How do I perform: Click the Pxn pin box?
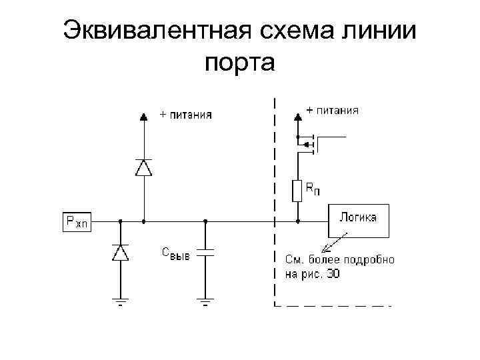coord(77,221)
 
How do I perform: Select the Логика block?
coord(358,220)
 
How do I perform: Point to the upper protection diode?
coord(143,167)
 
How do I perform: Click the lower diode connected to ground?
coord(120,253)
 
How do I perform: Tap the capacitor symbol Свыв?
coord(205,253)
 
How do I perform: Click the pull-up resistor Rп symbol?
coord(297,191)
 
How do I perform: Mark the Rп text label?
coord(312,190)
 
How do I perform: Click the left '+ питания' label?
coord(185,115)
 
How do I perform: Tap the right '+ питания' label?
coord(332,111)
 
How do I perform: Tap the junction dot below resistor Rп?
coord(297,221)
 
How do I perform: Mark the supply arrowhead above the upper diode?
coord(143,116)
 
